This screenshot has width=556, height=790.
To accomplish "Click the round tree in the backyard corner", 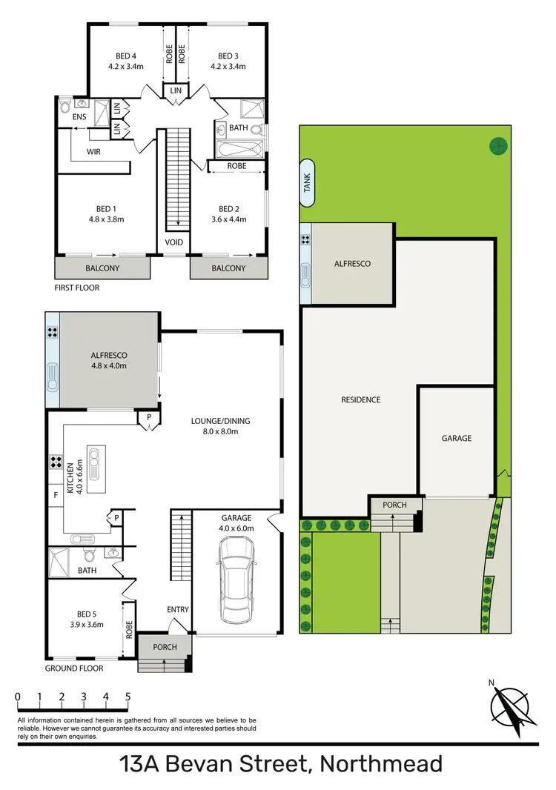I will [x=497, y=146].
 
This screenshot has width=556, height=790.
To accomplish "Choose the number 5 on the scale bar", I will [x=128, y=697].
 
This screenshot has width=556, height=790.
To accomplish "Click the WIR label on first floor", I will [x=93, y=151].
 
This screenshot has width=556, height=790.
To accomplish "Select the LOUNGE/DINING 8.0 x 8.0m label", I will [x=220, y=426].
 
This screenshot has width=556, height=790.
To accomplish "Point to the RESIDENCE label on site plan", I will [x=360, y=400].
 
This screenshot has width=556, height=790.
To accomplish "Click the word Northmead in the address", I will [x=381, y=764].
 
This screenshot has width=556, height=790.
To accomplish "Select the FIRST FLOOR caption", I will [x=77, y=288].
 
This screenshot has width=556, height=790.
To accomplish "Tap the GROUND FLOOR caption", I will [x=73, y=668].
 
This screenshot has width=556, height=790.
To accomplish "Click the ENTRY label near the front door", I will [x=178, y=610].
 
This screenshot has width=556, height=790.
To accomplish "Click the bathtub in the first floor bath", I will [x=237, y=152].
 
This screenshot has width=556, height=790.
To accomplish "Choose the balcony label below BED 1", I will [x=103, y=268].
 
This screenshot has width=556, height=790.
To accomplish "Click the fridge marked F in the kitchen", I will [x=56, y=493].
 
